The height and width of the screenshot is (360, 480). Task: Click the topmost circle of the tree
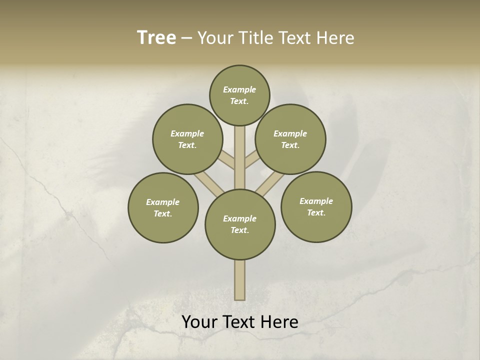(239, 95)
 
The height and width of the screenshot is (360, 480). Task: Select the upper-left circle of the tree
(187, 139)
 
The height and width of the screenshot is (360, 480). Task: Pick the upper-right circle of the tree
(290, 139)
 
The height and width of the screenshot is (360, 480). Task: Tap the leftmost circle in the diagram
(163, 207)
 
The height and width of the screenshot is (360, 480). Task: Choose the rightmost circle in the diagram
(316, 206)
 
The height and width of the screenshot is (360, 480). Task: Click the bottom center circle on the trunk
(240, 224)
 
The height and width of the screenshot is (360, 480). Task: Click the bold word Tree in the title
(156, 37)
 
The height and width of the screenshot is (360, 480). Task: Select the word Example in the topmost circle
(239, 89)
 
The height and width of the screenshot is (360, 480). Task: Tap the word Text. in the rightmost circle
(316, 212)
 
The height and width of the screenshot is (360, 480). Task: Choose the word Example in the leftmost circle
(162, 202)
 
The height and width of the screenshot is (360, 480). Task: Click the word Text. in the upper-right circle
(290, 145)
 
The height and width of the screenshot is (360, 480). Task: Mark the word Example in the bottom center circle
(239, 218)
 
